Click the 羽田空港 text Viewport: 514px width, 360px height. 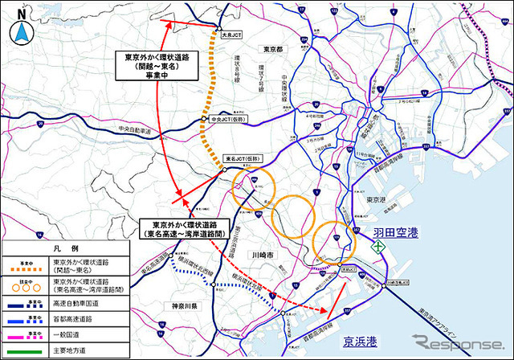pos(398,234)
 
